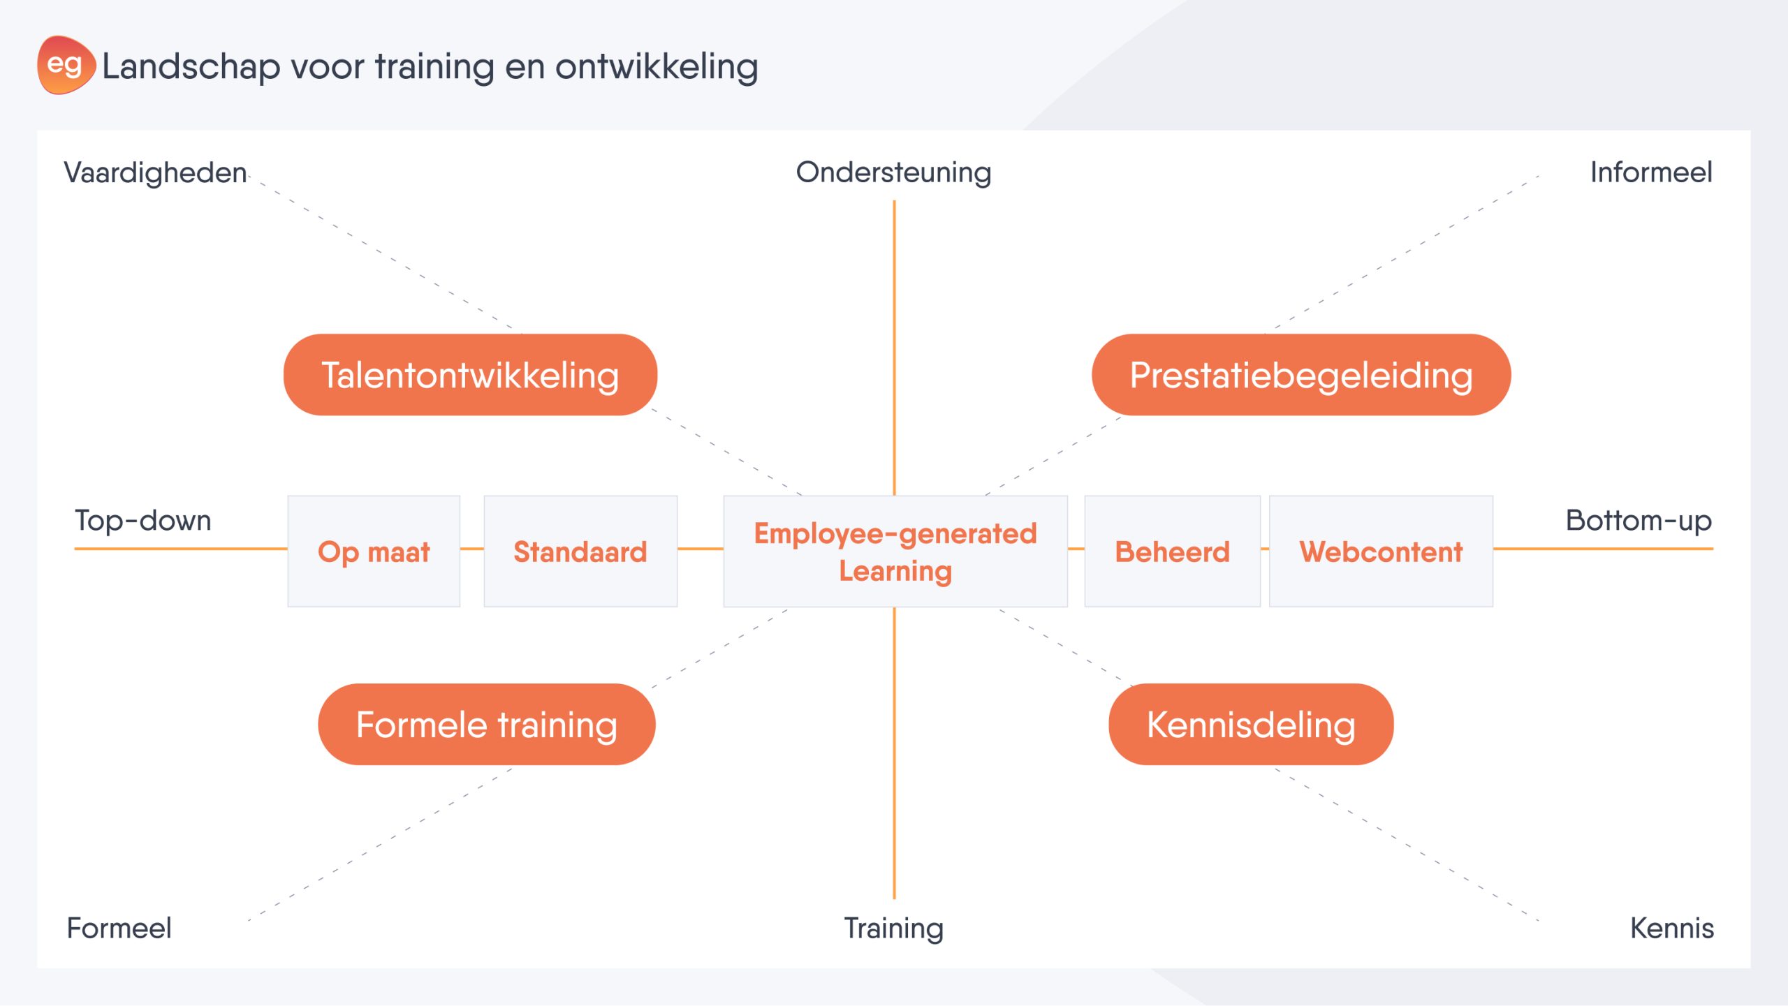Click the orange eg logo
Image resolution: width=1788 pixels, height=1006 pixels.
pyautogui.click(x=66, y=65)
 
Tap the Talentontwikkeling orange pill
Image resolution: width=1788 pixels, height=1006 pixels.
pyautogui.click(x=470, y=375)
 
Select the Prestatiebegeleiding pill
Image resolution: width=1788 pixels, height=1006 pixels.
pyautogui.click(x=1301, y=375)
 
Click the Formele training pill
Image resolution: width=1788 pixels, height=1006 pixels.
pyautogui.click(x=487, y=725)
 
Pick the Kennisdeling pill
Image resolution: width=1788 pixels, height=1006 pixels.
pyautogui.click(x=1251, y=725)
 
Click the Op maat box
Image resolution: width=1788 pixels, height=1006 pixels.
pyautogui.click(x=374, y=552)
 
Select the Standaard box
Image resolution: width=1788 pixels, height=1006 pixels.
pyautogui.click(x=580, y=552)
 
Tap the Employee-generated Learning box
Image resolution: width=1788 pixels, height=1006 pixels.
pyautogui.click(x=895, y=552)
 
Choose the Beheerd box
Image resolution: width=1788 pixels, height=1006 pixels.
pyautogui.click(x=1173, y=552)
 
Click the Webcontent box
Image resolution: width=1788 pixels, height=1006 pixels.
pyautogui.click(x=1381, y=552)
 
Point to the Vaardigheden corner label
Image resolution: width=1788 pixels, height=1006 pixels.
pyautogui.click(x=155, y=173)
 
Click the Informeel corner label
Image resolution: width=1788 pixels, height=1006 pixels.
pyautogui.click(x=1651, y=172)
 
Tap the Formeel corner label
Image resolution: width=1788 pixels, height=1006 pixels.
pyautogui.click(x=119, y=928)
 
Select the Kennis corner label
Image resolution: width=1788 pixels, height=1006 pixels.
pyautogui.click(x=1672, y=928)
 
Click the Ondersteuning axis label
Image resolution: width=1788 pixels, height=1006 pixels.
pyautogui.click(x=894, y=173)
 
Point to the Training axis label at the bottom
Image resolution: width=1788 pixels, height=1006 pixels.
pyautogui.click(x=894, y=929)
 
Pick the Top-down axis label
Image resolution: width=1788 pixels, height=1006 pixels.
pyautogui.click(x=143, y=520)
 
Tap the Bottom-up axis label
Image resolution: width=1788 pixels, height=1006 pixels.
pyautogui.click(x=1639, y=521)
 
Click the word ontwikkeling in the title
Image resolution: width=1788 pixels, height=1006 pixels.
pyautogui.click(x=657, y=68)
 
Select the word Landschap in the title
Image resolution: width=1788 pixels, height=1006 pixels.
pyautogui.click(x=191, y=68)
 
